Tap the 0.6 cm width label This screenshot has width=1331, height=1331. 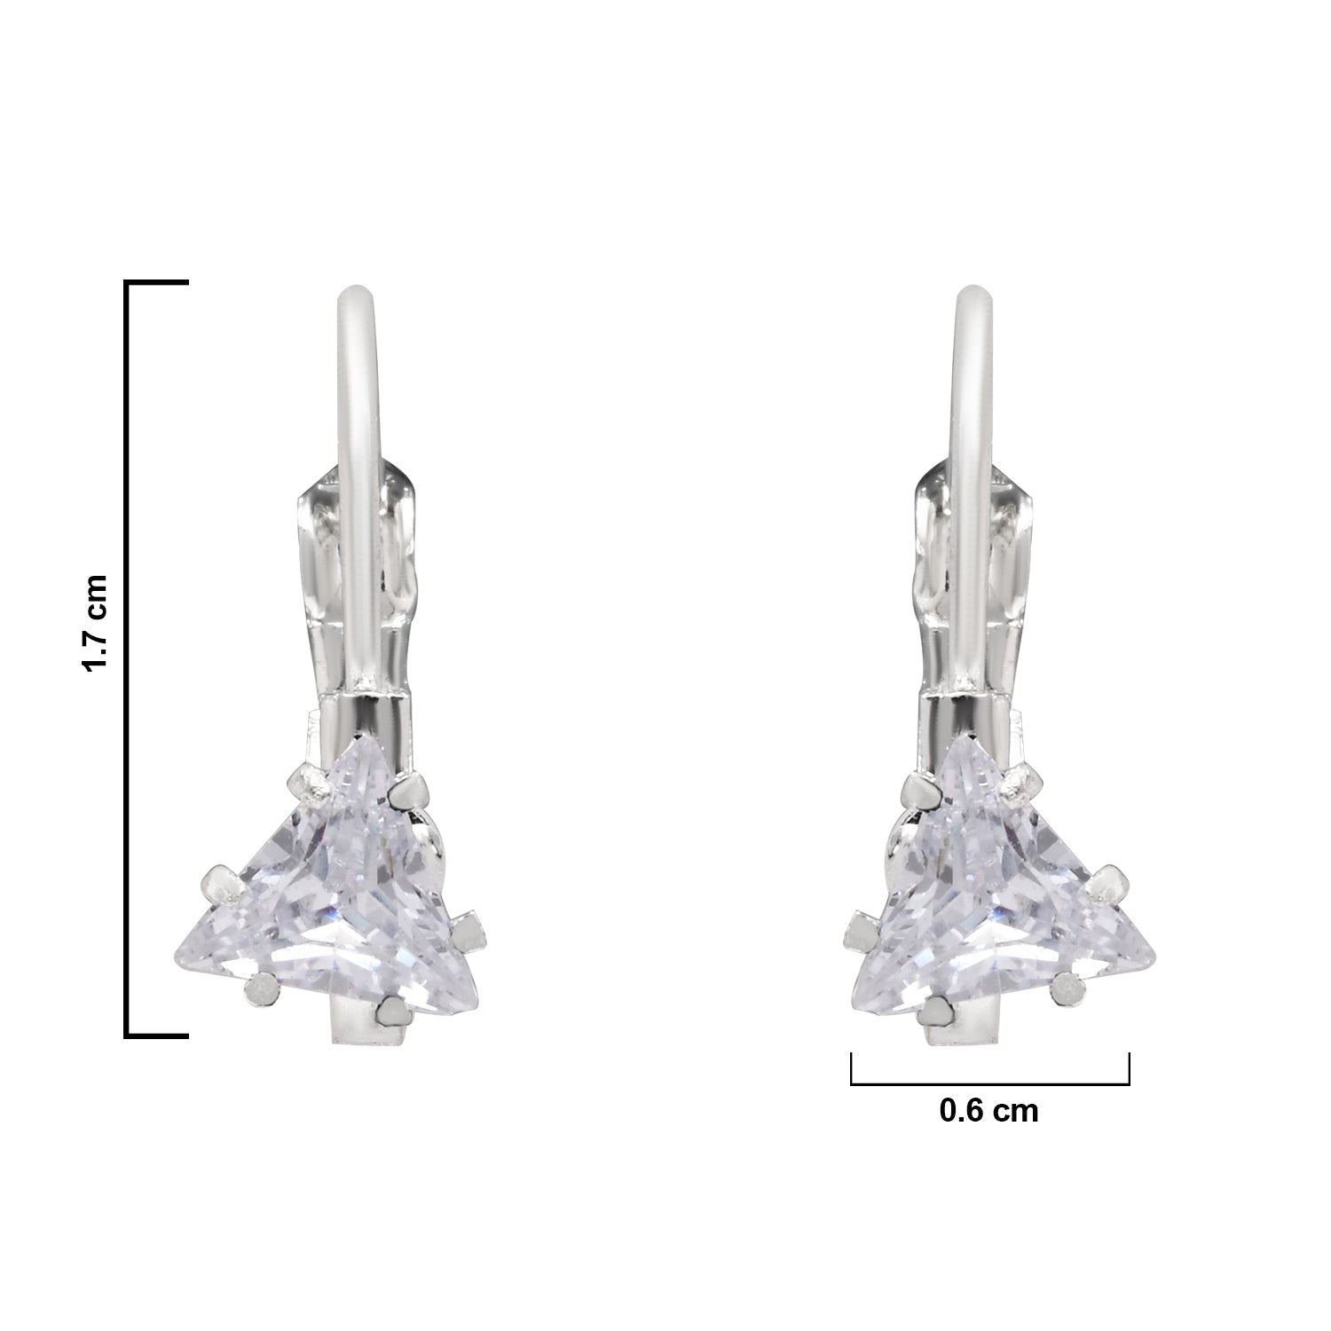tap(988, 1110)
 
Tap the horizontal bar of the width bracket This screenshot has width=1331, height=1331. tap(989, 1083)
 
